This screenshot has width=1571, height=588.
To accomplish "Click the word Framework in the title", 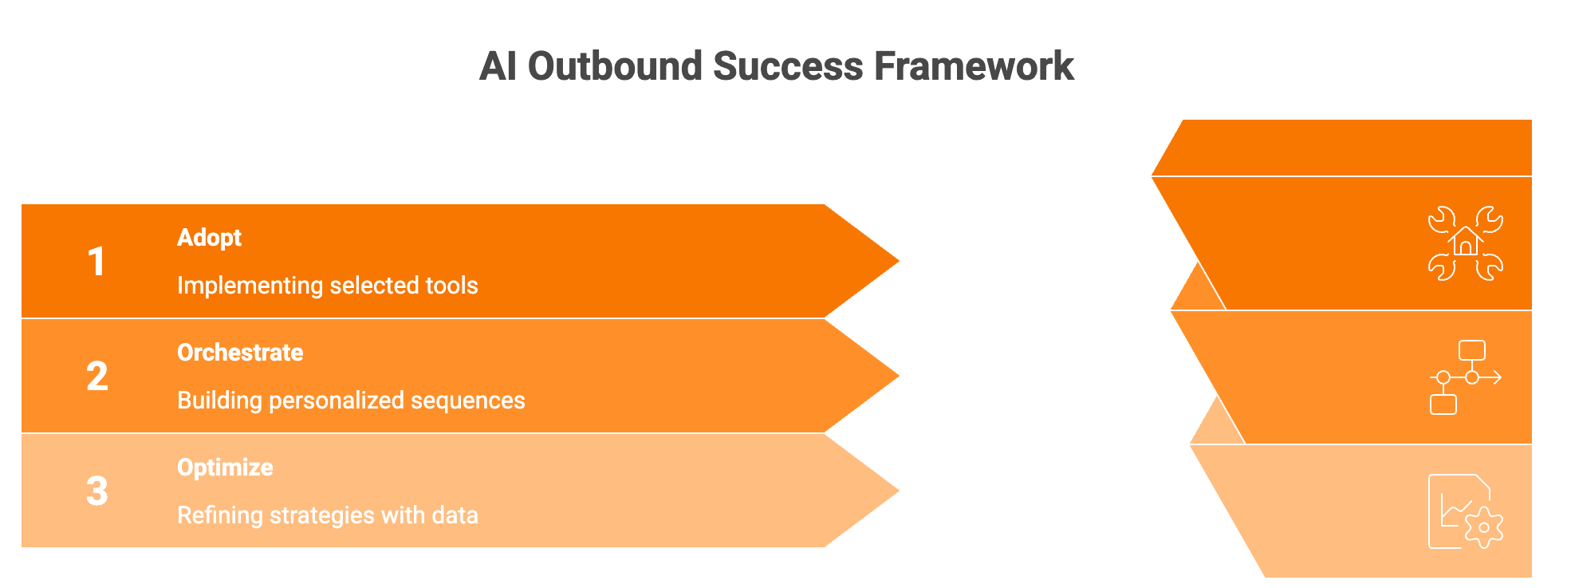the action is click(974, 66).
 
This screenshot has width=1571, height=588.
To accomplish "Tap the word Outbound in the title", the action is click(615, 66).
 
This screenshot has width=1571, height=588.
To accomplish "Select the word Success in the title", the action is click(788, 66).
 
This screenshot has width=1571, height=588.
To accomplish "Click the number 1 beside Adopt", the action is click(96, 262).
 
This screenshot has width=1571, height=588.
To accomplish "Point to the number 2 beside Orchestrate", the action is click(96, 377).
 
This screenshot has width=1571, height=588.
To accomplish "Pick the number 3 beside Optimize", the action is click(96, 491).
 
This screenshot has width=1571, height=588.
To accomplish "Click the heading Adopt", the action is click(209, 238).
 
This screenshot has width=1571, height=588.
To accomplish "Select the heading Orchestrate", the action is click(240, 353).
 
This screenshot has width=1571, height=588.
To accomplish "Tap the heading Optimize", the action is click(225, 468).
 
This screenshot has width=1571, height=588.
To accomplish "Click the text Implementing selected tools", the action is click(327, 286).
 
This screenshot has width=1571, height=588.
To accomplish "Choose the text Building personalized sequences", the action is click(351, 401).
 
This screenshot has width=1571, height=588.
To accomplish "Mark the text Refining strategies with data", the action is click(327, 515).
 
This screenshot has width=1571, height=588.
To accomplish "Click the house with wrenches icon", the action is click(1465, 243).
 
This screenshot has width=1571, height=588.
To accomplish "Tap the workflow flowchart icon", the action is click(1465, 377).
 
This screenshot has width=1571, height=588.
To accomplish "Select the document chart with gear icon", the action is click(1463, 511).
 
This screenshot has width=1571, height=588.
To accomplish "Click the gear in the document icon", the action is click(1483, 527).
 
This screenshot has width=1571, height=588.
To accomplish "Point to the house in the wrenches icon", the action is click(1466, 241).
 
